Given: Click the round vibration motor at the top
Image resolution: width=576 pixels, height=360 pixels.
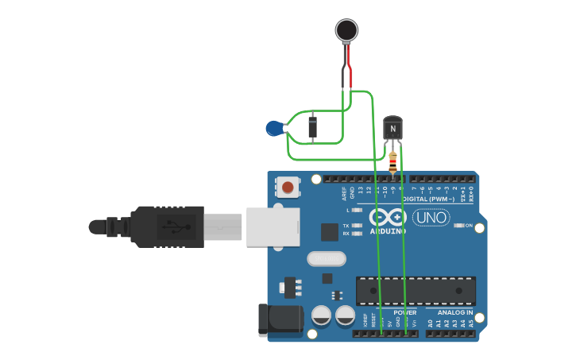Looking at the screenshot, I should coord(346,30).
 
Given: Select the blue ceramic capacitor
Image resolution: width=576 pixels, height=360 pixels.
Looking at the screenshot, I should coord(274,127).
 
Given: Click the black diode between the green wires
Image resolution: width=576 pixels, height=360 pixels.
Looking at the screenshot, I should coord(312,127).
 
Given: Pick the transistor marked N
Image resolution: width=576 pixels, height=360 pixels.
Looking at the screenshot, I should coord(392,128).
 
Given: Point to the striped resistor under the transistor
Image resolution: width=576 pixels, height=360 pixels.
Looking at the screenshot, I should coord(393,163).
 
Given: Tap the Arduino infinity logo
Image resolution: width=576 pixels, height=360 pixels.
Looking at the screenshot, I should coord(387,217).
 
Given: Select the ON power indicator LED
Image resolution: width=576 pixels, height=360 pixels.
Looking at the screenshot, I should coord(459,226).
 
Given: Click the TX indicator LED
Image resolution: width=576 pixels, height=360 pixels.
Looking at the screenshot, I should coord(357,226).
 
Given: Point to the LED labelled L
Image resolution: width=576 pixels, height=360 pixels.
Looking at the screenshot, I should coord(357,210).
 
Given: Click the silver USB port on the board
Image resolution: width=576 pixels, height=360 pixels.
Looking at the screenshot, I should coord(273,226).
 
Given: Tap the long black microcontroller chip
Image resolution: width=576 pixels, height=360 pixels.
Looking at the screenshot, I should coord(416,291).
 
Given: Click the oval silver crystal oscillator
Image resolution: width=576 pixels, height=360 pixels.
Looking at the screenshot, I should coord(327,258).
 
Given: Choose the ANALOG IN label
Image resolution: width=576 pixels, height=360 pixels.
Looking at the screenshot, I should coord(454,313).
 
